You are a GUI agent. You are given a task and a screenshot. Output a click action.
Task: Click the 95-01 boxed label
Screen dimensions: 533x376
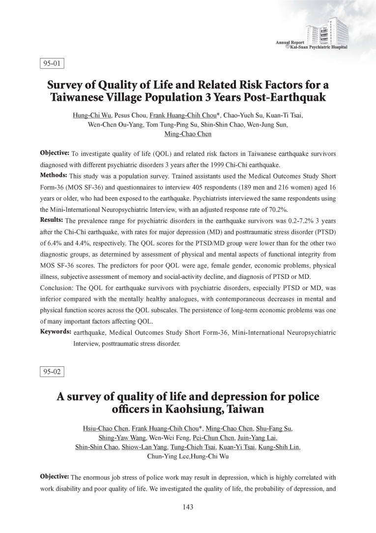click(x=52, y=63)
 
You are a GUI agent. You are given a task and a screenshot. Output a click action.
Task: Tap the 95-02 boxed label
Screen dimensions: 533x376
click(x=52, y=371)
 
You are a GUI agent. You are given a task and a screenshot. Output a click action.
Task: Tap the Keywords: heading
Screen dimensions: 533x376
click(x=56, y=332)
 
